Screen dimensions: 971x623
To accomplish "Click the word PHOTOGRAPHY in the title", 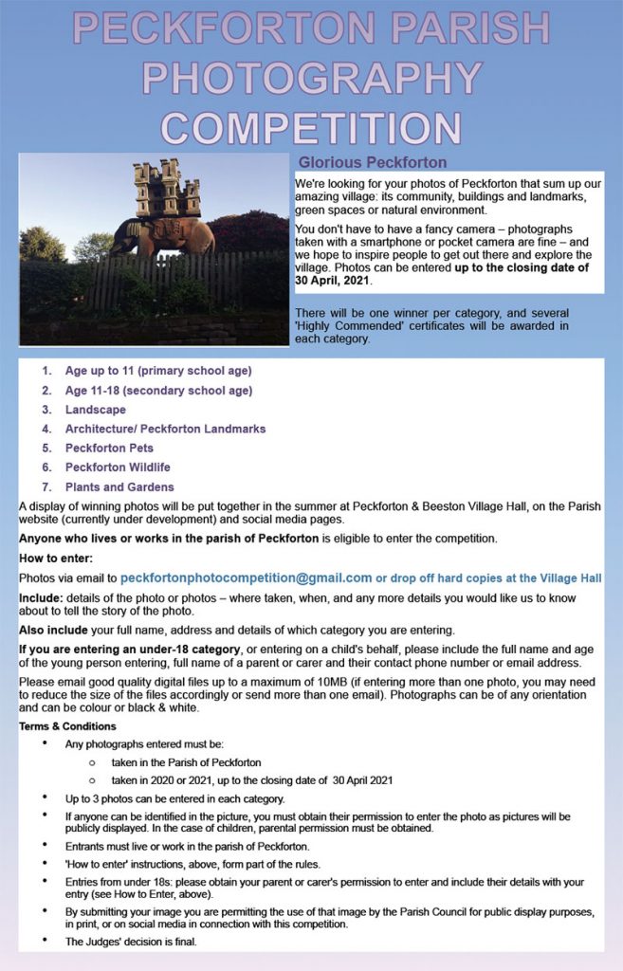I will coord(311,80).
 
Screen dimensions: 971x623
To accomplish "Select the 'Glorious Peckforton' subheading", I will coord(373,162).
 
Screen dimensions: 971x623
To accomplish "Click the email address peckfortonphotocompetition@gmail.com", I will coord(246,577).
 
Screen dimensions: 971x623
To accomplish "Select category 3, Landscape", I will coord(95,410).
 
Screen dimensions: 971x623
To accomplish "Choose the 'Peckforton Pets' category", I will coord(109,448).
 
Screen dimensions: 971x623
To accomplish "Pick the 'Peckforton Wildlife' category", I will coord(118,467).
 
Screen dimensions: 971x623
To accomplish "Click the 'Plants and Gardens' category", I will coord(119,486).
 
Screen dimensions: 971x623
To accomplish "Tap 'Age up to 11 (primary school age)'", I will coord(158,371).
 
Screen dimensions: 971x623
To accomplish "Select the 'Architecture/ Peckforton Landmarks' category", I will coord(165,429).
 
